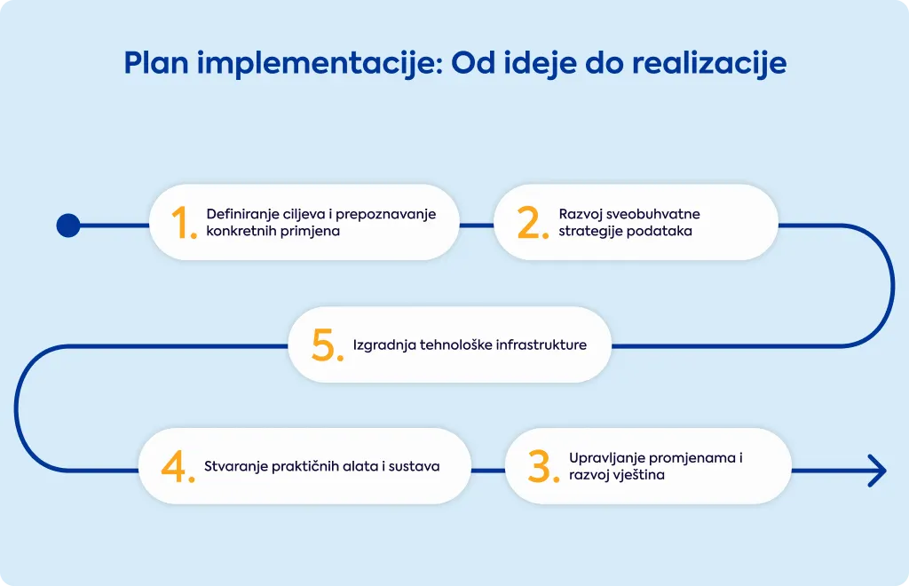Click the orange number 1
(181, 223)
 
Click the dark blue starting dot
(68, 226)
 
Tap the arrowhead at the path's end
(878, 471)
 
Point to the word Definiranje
(243, 215)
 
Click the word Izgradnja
(384, 345)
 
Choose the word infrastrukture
(541, 344)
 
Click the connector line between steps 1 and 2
(477, 226)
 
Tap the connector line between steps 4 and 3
(488, 471)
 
